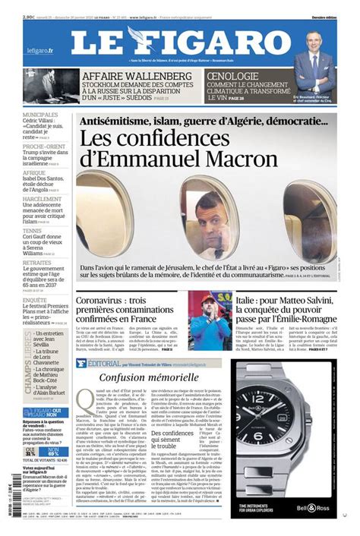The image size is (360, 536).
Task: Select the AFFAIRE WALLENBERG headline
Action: click(137, 77)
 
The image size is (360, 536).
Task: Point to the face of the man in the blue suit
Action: click(314, 43)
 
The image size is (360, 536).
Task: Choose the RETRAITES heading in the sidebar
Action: click(37, 262)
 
